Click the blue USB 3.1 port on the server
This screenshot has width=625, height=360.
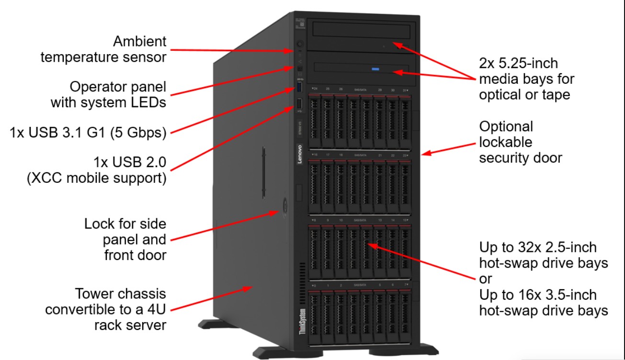[300, 87]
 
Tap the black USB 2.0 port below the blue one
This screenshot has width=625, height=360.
[300, 104]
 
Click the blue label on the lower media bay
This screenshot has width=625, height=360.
[375, 69]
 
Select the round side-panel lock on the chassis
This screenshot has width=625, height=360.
[283, 205]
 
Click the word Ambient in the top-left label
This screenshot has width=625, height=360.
[140, 42]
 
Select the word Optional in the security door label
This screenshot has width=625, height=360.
[506, 126]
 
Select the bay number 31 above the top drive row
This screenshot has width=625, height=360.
[405, 90]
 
